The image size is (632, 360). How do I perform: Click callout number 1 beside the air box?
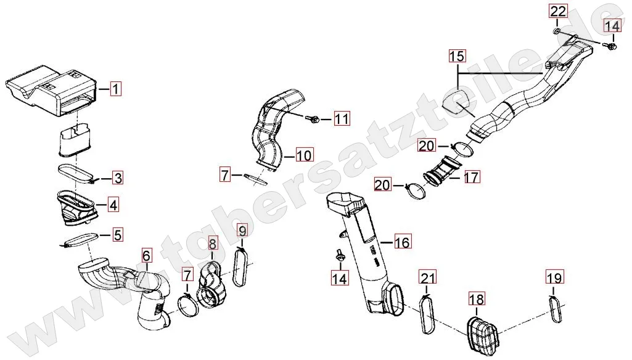pos(116,89)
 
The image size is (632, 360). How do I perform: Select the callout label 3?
pos(117,179)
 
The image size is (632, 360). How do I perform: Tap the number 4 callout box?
pos(113,204)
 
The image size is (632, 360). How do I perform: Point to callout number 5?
pos(117,235)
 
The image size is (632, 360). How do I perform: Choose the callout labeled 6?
pos(146,255)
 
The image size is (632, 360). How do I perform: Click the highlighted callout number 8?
pos(211,244)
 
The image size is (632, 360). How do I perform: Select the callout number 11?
pos(342,119)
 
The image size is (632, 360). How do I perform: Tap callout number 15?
pos(457,57)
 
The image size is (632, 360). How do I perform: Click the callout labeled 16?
pos(401,243)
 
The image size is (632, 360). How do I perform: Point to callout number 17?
pos(472,178)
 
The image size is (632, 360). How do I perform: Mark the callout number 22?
pos(557,11)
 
